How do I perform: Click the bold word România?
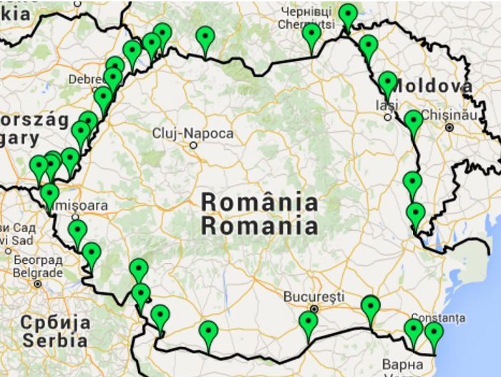(x=259, y=202)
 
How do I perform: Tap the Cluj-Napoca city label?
(x=193, y=133)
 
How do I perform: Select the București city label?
(x=313, y=296)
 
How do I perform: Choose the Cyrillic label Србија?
(x=55, y=322)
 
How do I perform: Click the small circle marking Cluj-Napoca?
(x=193, y=145)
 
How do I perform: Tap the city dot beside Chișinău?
(x=449, y=127)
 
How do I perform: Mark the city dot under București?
(x=313, y=309)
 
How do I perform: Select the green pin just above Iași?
(x=387, y=82)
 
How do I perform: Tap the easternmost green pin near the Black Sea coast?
(x=434, y=333)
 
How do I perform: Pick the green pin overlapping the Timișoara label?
(x=49, y=194)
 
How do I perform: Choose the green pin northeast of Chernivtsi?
(x=348, y=14)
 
